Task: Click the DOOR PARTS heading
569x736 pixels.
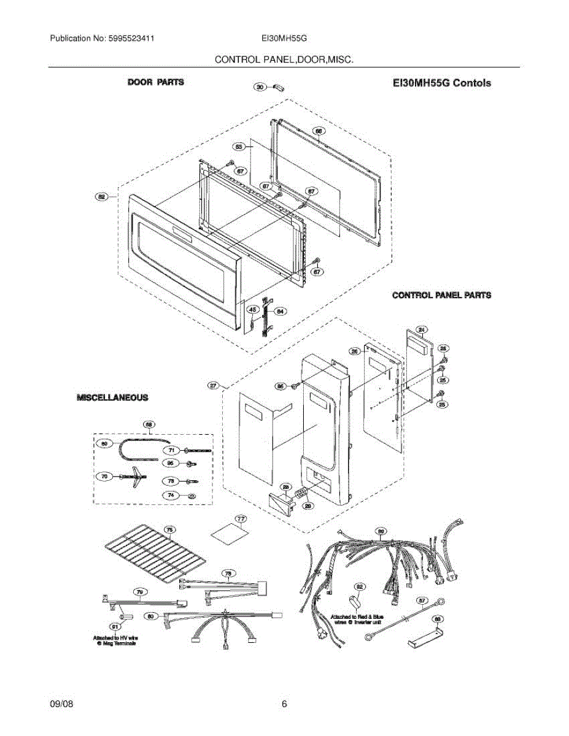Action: click(155, 82)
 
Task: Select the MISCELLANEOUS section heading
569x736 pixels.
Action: click(112, 397)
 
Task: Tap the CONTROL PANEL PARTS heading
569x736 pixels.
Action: click(441, 295)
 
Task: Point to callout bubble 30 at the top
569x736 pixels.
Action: click(260, 88)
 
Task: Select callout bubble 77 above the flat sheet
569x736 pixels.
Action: click(241, 519)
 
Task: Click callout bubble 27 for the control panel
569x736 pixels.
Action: click(213, 386)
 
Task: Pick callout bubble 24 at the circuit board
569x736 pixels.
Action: click(421, 330)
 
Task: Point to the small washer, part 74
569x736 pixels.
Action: click(192, 496)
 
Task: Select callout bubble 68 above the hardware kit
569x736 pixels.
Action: click(148, 424)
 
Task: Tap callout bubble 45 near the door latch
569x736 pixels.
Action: click(252, 311)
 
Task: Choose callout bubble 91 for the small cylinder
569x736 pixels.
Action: click(114, 626)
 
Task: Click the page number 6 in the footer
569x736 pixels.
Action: click(284, 704)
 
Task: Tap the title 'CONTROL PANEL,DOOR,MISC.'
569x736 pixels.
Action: click(284, 59)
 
